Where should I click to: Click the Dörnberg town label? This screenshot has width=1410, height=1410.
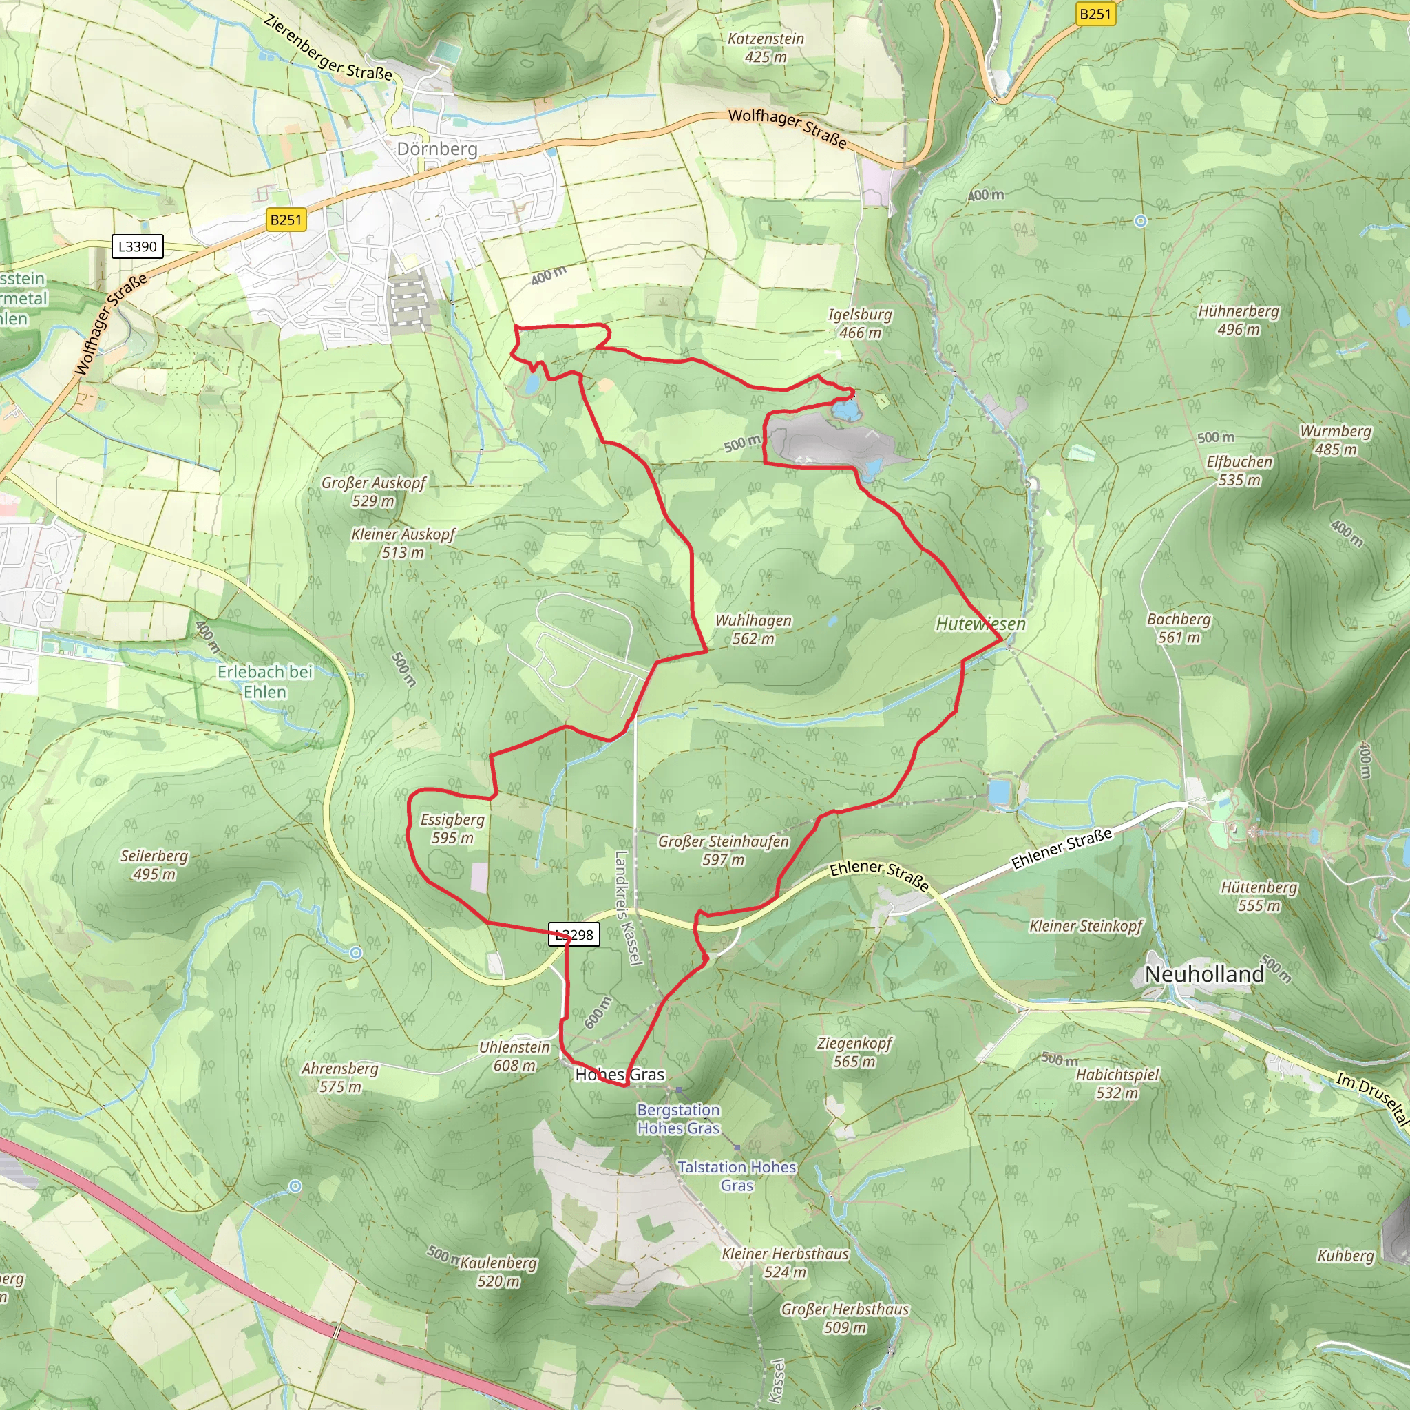click(437, 149)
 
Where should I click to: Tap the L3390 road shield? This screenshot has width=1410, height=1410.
click(137, 246)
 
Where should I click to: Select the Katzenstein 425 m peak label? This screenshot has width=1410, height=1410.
click(766, 48)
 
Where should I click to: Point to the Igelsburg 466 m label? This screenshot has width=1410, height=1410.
click(860, 324)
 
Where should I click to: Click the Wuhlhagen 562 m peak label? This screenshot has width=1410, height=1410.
click(753, 629)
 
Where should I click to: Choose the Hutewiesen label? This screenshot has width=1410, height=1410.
click(980, 624)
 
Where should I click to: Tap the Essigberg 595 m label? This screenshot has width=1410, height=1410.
click(452, 828)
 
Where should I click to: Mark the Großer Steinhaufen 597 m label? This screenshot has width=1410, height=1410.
click(724, 850)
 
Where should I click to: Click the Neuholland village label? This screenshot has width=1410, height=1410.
click(1204, 974)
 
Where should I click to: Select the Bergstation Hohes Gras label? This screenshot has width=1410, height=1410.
click(678, 1119)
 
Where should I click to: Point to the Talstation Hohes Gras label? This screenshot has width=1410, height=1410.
click(737, 1176)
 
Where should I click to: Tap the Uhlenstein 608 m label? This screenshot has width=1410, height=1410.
click(514, 1056)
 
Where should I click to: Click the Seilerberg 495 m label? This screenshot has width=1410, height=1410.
click(154, 864)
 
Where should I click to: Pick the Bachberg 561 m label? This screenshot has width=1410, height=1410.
click(1178, 628)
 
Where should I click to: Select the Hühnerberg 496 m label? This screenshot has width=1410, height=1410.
click(1239, 319)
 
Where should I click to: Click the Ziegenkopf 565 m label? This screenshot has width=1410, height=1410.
click(854, 1052)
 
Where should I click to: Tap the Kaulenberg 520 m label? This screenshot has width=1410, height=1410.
click(498, 1272)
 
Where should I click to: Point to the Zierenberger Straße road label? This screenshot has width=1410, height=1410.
click(328, 47)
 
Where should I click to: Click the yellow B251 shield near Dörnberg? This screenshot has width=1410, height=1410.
click(285, 220)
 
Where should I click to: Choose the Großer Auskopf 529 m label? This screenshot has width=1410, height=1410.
click(374, 491)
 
